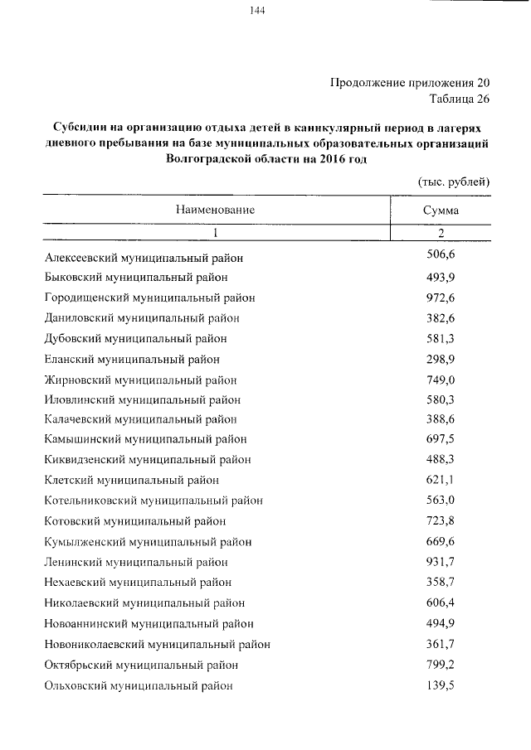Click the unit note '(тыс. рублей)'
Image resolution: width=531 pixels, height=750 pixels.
click(x=452, y=181)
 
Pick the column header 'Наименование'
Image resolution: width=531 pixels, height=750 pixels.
click(x=215, y=210)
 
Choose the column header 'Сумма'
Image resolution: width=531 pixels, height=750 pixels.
click(x=441, y=210)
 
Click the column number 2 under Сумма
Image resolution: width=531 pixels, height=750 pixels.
click(x=441, y=234)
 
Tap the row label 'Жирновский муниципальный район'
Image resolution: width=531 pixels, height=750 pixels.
click(x=140, y=380)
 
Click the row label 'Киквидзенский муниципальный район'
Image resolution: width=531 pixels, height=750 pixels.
click(x=148, y=459)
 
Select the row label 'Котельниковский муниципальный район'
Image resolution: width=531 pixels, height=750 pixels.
click(x=153, y=501)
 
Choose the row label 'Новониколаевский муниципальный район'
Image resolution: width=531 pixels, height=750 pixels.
click(x=157, y=644)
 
